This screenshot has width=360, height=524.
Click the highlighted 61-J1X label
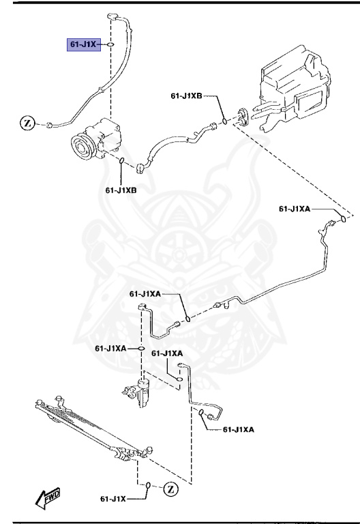pyautogui.click(x=82, y=44)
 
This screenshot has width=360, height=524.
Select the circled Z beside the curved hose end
pyautogui.click(x=27, y=123)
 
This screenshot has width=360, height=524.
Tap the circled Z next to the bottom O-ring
pyautogui.click(x=170, y=488)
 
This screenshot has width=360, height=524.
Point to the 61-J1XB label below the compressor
pyautogui.click(x=121, y=190)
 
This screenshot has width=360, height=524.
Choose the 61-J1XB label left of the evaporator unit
pyautogui.click(x=186, y=96)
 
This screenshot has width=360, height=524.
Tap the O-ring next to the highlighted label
pyautogui.click(x=110, y=44)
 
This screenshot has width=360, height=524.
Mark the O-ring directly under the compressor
pyautogui.click(x=121, y=162)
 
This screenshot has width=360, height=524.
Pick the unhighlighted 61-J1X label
pyautogui.click(x=114, y=499)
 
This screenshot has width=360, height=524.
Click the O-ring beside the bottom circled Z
pyautogui.click(x=147, y=486)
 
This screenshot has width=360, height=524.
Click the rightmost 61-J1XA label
pyautogui.click(x=296, y=208)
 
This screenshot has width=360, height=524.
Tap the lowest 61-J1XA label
pyautogui.click(x=238, y=428)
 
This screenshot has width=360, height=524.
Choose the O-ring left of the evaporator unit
pyautogui.click(x=224, y=123)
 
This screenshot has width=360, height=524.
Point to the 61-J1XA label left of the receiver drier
pyautogui.click(x=110, y=348)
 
